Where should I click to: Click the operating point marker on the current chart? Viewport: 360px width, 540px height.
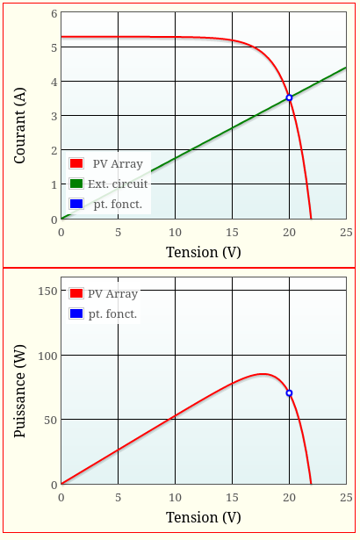click(x=289, y=97)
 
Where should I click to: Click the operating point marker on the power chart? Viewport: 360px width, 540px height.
click(x=289, y=392)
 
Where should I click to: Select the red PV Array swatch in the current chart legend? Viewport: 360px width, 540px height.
click(x=76, y=163)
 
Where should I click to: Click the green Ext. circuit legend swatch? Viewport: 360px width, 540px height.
click(x=76, y=184)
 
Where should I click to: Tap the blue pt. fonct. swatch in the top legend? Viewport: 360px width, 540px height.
click(x=76, y=204)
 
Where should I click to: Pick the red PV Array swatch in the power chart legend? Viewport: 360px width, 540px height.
click(x=76, y=293)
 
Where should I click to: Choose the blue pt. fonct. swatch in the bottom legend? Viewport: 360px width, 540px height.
click(x=76, y=313)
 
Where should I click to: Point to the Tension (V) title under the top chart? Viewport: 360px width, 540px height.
click(x=203, y=253)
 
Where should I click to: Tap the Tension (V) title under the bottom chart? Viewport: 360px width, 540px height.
click(x=203, y=517)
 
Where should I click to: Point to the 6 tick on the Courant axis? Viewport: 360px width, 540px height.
click(x=54, y=14)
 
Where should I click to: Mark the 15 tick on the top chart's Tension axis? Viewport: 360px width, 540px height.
click(x=232, y=233)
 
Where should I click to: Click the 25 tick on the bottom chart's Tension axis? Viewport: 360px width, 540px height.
click(x=346, y=497)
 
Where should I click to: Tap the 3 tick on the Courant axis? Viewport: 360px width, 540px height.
click(x=54, y=117)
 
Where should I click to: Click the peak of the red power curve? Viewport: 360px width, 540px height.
click(x=263, y=374)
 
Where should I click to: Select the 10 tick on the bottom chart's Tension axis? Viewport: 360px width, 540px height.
click(x=175, y=497)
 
